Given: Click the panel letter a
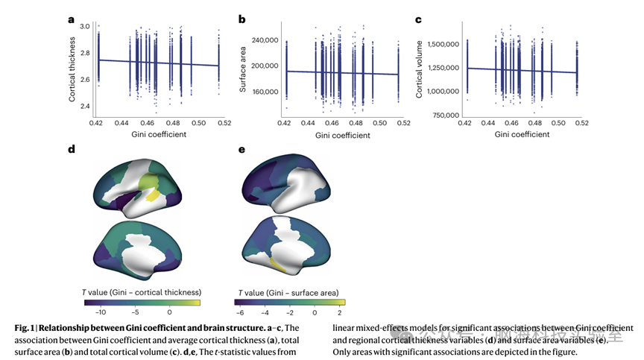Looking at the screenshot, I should (x=72, y=20).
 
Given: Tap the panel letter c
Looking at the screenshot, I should (x=418, y=20).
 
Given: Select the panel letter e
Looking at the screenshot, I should (x=241, y=150).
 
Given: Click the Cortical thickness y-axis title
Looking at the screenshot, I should (x=72, y=72).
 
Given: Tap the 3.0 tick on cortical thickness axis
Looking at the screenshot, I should (x=84, y=26).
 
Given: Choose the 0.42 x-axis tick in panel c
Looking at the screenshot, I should (x=464, y=123).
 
